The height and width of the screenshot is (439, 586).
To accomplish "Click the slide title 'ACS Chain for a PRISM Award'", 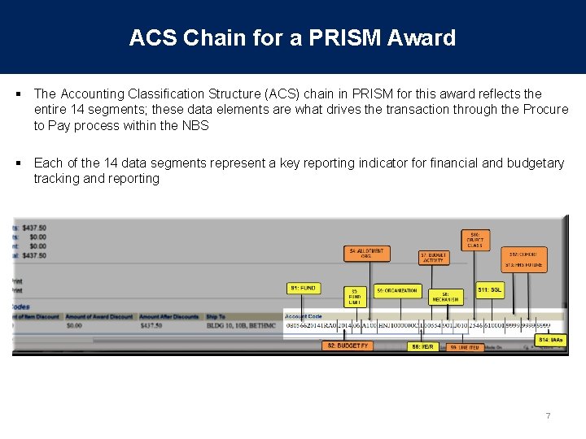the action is (x=292, y=37).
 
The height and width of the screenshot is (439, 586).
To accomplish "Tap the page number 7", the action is (x=548, y=416).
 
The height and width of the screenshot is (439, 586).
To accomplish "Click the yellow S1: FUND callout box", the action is (x=304, y=288).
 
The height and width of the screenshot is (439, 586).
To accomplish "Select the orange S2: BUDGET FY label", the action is (x=348, y=346).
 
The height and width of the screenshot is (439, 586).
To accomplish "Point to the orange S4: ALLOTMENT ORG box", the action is (x=366, y=254).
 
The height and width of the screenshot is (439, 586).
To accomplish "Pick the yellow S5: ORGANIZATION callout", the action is (x=396, y=290).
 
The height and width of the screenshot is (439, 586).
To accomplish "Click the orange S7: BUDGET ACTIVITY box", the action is (x=433, y=258).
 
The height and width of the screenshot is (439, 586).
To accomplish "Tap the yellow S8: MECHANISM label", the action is (x=445, y=296).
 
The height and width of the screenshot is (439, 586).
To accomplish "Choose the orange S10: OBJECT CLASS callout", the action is (x=474, y=239).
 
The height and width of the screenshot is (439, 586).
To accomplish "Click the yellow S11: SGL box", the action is (x=490, y=289).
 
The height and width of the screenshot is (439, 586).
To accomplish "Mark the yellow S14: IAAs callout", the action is (x=551, y=339).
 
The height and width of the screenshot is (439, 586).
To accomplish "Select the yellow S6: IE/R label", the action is (x=422, y=346).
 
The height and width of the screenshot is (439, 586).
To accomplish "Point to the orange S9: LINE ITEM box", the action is (x=465, y=347).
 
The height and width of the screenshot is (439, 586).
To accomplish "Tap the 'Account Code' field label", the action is (x=303, y=316).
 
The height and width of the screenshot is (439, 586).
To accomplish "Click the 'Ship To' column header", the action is (x=216, y=316).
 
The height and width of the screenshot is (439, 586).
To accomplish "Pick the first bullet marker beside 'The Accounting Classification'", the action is (x=19, y=94).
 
